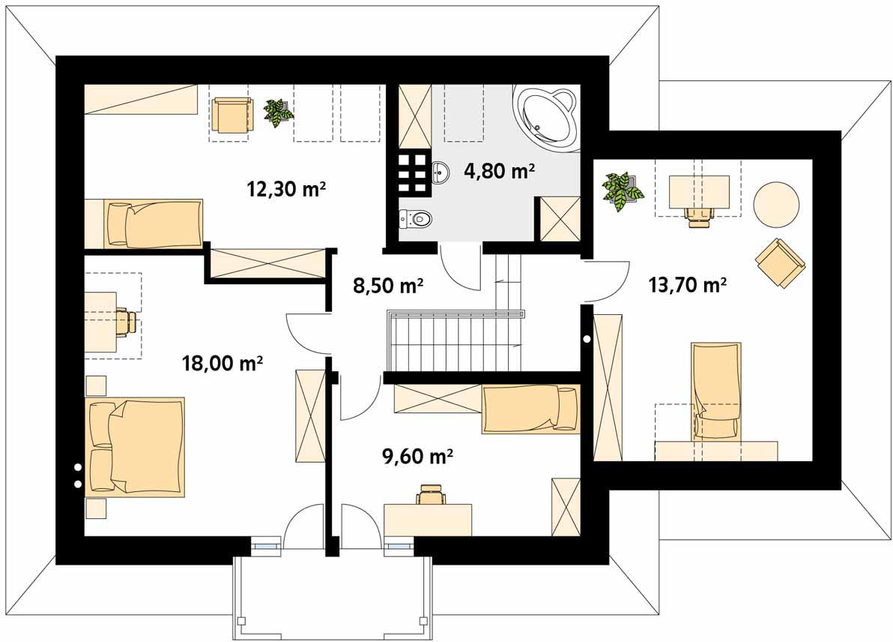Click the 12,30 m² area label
pyautogui.click(x=286, y=187)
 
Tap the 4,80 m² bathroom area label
pyautogui.click(x=500, y=170)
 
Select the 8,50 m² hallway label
pyautogui.click(x=388, y=284)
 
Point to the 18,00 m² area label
pyautogui.click(x=222, y=362)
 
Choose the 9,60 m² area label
pyautogui.click(x=417, y=456)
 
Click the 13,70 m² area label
pyautogui.click(x=688, y=283)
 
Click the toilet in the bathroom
pyautogui.click(x=415, y=217)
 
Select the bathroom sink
pyautogui.click(x=440, y=172)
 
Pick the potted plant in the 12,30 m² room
pyautogui.click(x=279, y=112)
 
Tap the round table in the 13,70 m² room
pyautogui.click(x=775, y=203)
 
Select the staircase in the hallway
pyautogui.click(x=455, y=341)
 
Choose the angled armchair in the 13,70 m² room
pyautogui.click(x=780, y=262)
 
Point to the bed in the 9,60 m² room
pyautogui.click(x=530, y=409)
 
